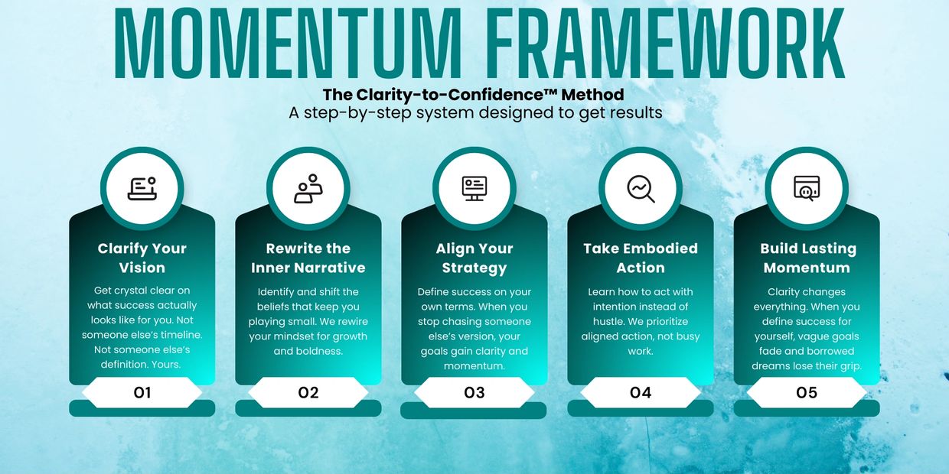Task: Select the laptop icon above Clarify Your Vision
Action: pyautogui.click(x=142, y=188)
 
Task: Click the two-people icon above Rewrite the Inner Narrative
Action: pyautogui.click(x=308, y=188)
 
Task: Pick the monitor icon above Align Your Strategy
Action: pyautogui.click(x=475, y=188)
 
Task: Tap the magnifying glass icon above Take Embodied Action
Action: pyautogui.click(x=641, y=189)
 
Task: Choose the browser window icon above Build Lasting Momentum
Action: pyautogui.click(x=807, y=188)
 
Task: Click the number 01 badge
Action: pyautogui.click(x=142, y=393)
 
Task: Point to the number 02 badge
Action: pyautogui.click(x=308, y=393)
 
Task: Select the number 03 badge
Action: pyautogui.click(x=475, y=393)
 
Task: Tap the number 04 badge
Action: pyautogui.click(x=641, y=393)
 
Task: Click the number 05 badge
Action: pyautogui.click(x=807, y=393)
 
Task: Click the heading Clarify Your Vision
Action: pyautogui.click(x=142, y=258)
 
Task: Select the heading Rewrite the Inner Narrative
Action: pyautogui.click(x=308, y=258)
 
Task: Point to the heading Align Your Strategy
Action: pyautogui.click(x=475, y=258)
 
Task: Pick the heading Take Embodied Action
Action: pyautogui.click(x=641, y=258)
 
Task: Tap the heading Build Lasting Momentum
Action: pyautogui.click(x=807, y=258)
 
